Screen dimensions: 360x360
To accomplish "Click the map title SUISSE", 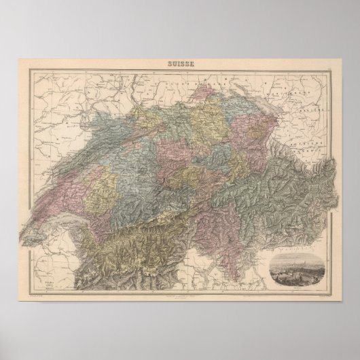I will [x=180, y=65].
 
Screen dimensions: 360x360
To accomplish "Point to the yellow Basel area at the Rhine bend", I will [x=147, y=102].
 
